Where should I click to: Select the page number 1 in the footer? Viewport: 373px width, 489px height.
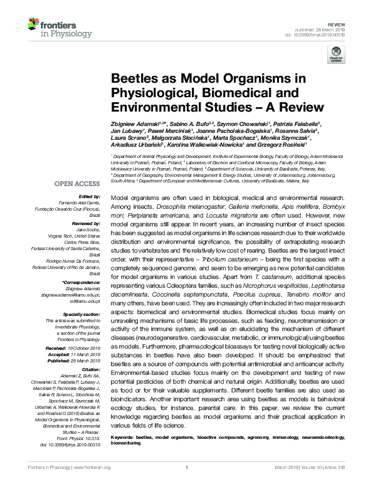(186, 485)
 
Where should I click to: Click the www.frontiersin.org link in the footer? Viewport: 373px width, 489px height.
(92, 485)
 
